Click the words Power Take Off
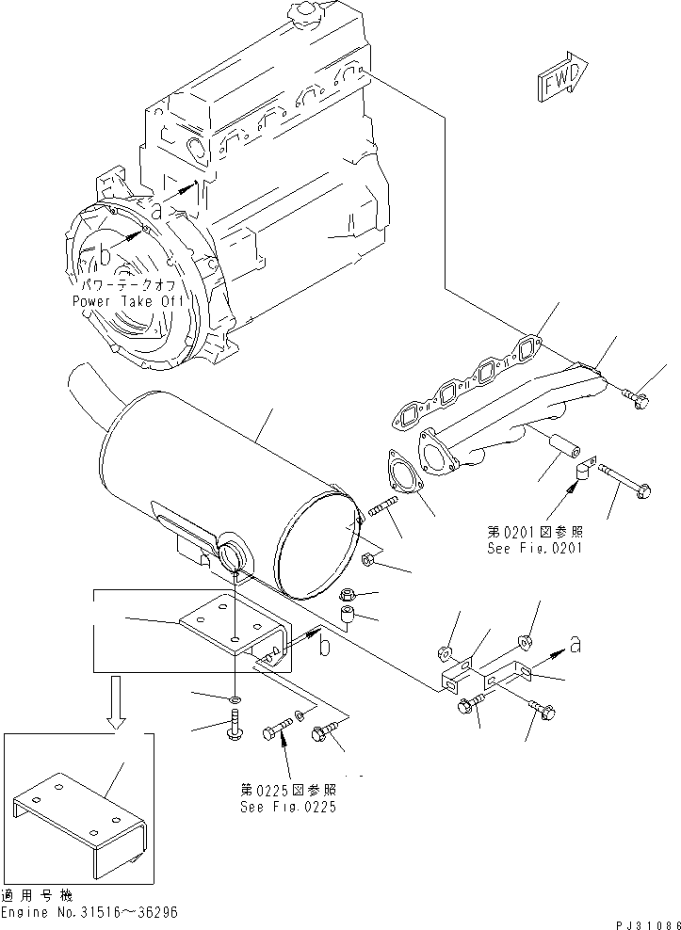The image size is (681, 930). [x=130, y=301]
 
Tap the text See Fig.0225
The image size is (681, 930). [x=288, y=807]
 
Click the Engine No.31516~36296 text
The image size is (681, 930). [x=89, y=913]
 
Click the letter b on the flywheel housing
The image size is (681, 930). [x=105, y=255]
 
